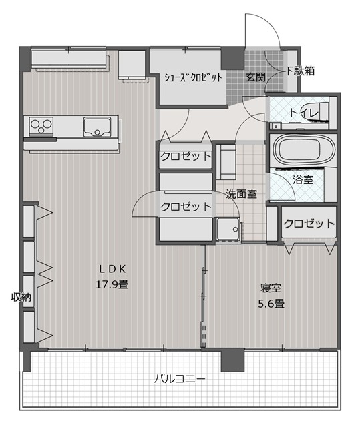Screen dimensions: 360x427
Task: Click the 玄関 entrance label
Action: tap(255, 77)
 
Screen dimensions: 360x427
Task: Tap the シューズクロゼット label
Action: tap(193, 77)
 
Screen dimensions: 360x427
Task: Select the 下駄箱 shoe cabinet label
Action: tap(301, 71)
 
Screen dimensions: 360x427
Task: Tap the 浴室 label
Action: tap(303, 180)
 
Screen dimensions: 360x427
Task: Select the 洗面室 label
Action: tap(242, 194)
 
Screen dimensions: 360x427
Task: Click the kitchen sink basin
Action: tap(97, 127)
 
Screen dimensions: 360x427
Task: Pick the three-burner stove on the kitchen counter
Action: tap(41, 126)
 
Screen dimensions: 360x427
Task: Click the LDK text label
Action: tap(112, 269)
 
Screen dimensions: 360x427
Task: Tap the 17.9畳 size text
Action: tap(112, 285)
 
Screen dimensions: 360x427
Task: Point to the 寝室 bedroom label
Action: tap(271, 288)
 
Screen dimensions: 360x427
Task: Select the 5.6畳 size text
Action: tap(271, 303)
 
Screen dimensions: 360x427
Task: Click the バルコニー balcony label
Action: tap(180, 379)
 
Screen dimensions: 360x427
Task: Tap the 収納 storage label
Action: tap(21, 297)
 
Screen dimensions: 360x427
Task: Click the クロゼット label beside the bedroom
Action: tap(309, 224)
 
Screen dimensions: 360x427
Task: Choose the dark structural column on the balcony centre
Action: tap(232, 360)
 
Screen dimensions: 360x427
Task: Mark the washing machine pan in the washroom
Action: tap(228, 229)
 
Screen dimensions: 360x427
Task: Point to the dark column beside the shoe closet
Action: tap(232, 58)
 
